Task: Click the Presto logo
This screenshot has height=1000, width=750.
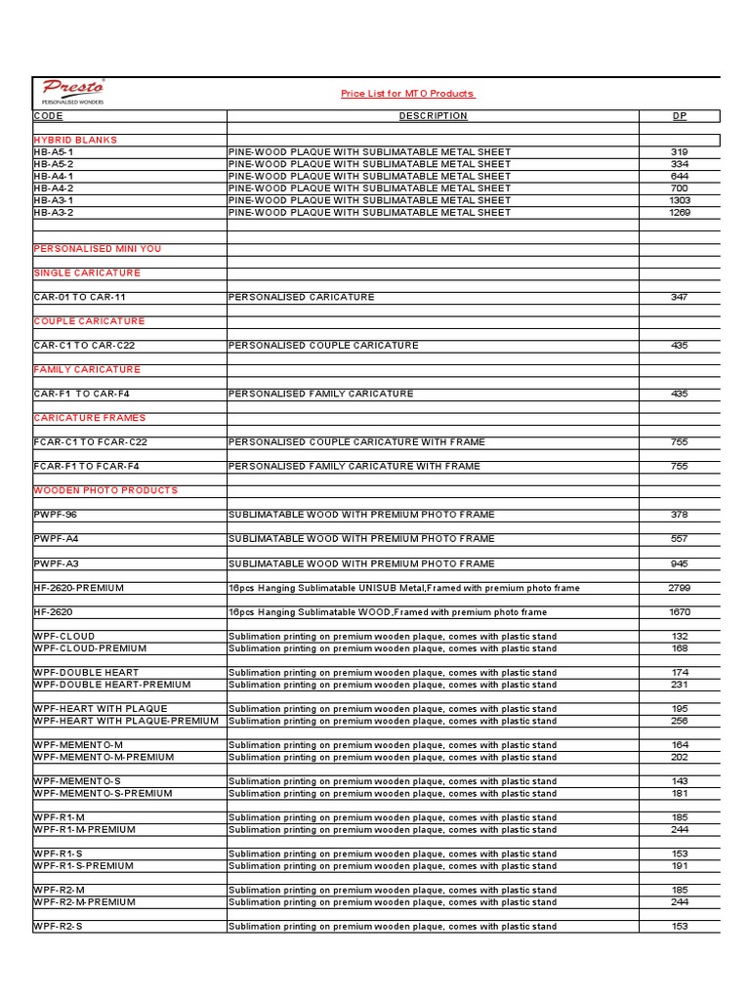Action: coord(73,91)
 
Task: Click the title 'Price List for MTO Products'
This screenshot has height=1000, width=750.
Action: coord(407,94)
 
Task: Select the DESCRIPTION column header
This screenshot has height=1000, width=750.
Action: coord(433,116)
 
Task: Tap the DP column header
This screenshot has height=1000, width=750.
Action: coord(680,116)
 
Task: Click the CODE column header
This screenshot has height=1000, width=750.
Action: coord(48,116)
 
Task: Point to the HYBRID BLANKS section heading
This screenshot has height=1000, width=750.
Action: coord(75,141)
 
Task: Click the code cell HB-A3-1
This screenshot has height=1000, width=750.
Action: coord(54,200)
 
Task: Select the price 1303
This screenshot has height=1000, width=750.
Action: coord(680,200)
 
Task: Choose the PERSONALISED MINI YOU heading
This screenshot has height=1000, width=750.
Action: coord(98,249)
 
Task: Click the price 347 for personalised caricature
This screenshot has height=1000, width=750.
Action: coord(680,297)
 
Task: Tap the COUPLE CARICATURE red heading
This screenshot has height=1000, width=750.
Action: coord(89,321)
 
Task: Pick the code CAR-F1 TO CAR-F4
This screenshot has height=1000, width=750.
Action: coord(82,394)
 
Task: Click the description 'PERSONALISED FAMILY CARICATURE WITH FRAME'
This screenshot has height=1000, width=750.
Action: coord(354,467)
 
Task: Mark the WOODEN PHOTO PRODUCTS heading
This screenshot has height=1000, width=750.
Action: coord(105,490)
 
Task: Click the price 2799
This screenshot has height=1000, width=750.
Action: coord(680,588)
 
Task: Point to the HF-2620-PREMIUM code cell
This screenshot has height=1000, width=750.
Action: coord(79,588)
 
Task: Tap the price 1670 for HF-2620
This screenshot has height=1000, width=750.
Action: coord(680,612)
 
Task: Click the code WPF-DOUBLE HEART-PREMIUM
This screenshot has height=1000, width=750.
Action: coord(112,685)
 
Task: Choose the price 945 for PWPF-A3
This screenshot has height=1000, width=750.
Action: coord(680,563)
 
